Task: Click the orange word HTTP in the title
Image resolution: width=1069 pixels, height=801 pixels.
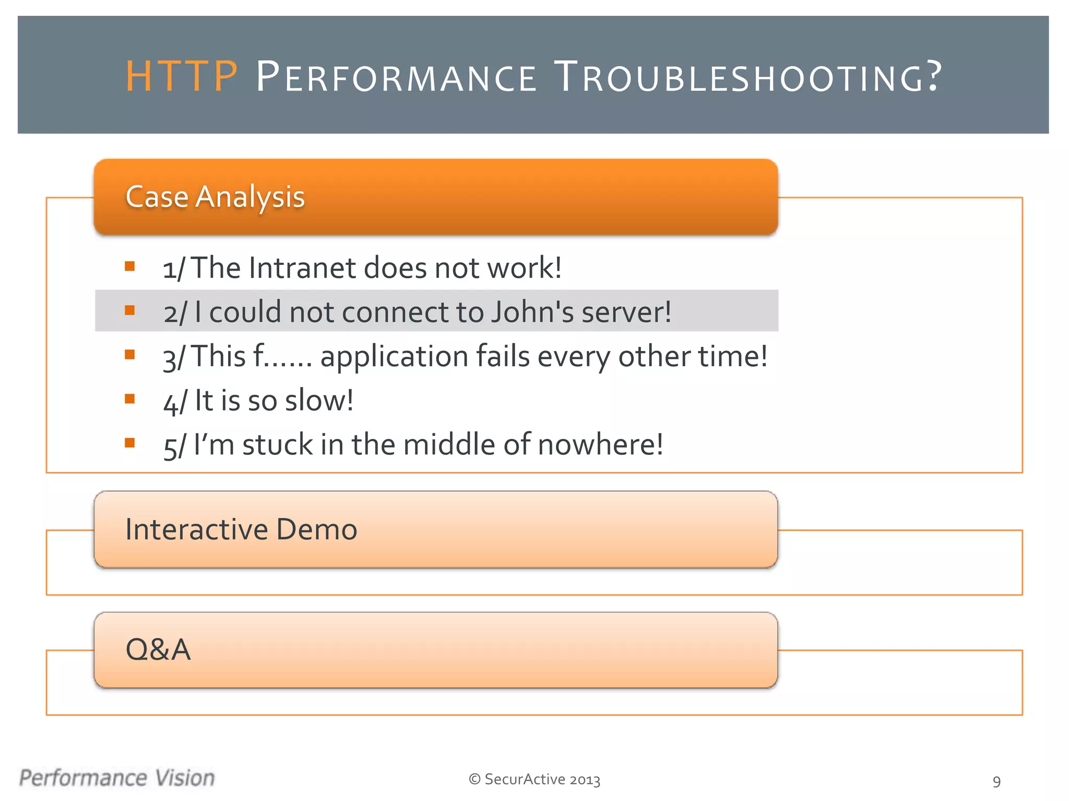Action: tap(182, 77)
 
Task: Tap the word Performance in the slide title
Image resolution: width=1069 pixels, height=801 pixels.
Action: tap(396, 77)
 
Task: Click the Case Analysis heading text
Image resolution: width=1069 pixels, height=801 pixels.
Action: tap(215, 197)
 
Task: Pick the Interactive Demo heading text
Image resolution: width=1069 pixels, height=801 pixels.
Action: tap(241, 529)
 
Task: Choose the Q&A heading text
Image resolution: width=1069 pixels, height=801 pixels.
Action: tap(158, 650)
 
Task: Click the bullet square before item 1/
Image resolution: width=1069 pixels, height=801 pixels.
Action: tap(130, 266)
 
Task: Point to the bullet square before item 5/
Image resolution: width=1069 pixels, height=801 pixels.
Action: tap(130, 443)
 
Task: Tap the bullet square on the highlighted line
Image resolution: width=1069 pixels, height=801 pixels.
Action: tap(130, 310)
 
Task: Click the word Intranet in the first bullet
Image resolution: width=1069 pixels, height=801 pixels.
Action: tap(302, 268)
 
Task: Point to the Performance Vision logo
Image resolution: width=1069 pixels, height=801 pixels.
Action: tap(117, 778)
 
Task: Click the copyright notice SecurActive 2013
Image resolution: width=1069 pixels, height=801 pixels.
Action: tap(534, 779)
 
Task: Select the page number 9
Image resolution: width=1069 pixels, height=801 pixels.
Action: tap(996, 781)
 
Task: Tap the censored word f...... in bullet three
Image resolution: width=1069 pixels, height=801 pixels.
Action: tap(282, 357)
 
